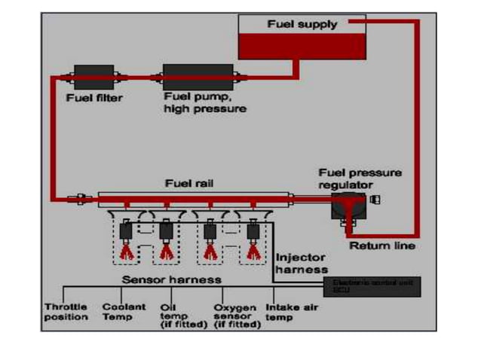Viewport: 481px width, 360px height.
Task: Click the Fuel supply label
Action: point(302,24)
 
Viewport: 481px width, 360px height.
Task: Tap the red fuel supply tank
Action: point(302,45)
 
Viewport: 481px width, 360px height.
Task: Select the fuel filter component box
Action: point(95,76)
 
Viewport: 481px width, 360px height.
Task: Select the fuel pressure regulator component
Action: point(349,204)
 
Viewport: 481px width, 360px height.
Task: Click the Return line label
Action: point(381,246)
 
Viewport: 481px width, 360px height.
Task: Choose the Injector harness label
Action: point(302,263)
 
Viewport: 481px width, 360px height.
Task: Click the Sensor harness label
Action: point(172,280)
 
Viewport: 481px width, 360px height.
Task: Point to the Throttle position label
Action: point(66,312)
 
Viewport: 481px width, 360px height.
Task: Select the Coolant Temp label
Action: point(118,312)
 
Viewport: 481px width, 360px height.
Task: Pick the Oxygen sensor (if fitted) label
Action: point(236,316)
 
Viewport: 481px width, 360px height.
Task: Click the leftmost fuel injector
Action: point(125,229)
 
